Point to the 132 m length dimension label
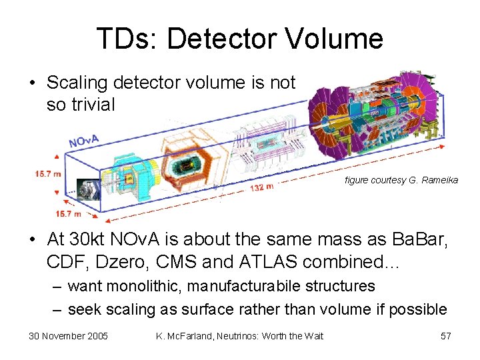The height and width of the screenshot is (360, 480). click(x=261, y=187)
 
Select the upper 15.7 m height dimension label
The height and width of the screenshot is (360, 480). click(x=48, y=174)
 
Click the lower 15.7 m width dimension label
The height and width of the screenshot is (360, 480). click(x=69, y=213)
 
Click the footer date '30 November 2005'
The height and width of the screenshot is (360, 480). click(x=69, y=336)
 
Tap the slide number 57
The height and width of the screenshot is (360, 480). click(x=445, y=336)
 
